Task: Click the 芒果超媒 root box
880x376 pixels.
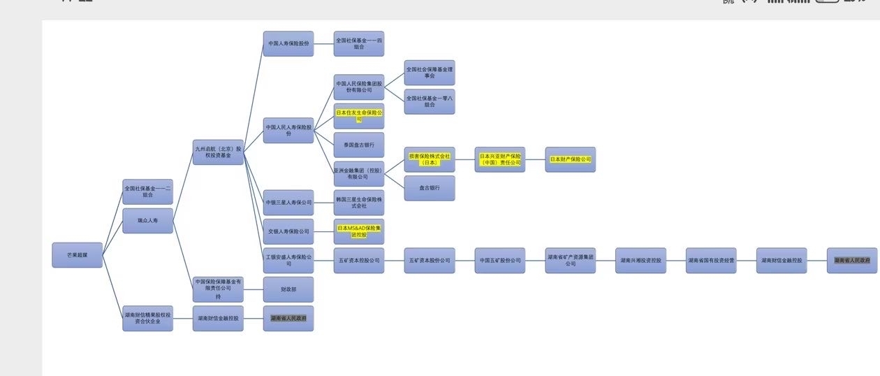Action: (78, 255)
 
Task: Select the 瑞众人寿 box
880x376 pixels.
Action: (147, 221)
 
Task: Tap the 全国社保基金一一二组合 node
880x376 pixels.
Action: (147, 191)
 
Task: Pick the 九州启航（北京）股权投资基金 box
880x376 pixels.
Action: (218, 152)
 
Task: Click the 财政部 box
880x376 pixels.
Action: (288, 289)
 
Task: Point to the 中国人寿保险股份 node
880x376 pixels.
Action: (288, 43)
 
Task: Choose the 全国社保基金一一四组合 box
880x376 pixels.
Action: (359, 43)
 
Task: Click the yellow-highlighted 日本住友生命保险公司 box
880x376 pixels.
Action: (359, 115)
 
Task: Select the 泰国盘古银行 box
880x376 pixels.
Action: (359, 145)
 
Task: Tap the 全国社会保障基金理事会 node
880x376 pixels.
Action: (430, 73)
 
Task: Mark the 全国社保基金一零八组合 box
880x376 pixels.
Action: (430, 101)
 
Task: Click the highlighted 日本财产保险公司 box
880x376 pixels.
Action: (570, 159)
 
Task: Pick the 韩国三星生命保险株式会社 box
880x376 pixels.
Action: (359, 203)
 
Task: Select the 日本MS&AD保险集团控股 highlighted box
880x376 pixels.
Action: (359, 231)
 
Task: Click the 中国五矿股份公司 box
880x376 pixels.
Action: (500, 260)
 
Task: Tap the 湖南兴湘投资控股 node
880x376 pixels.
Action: (640, 260)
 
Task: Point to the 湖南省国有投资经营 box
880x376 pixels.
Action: (711, 260)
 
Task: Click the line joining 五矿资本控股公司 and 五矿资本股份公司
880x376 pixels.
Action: (394, 260)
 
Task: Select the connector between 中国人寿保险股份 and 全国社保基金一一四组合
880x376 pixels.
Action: (323, 43)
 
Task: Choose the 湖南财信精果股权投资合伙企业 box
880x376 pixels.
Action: (147, 318)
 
